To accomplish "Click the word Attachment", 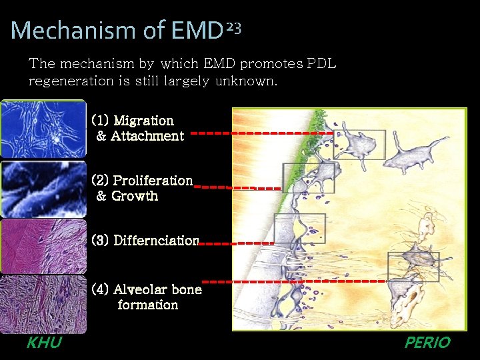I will (147, 136).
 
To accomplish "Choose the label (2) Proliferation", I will (142, 181).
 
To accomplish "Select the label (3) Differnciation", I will (145, 240).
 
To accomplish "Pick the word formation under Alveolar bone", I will (147, 305).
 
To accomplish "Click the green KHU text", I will (44, 343).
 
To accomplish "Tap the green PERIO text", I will (427, 343).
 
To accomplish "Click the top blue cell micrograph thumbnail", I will (43, 129).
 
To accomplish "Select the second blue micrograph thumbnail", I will (43, 189).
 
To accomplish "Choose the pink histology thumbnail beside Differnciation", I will (43, 247).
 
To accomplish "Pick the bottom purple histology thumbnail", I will (43, 305).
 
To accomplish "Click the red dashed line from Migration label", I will (260, 133).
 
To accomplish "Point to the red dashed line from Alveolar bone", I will (293, 281).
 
